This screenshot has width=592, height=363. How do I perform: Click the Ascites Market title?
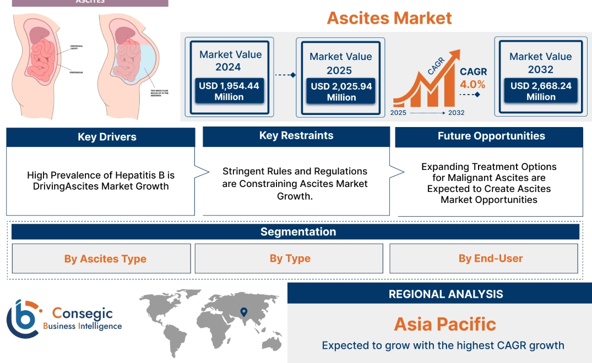(x=389, y=18)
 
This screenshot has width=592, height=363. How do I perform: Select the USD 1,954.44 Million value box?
(x=229, y=91)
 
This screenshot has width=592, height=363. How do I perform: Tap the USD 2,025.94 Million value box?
(x=341, y=92)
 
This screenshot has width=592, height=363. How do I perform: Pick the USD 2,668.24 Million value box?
(x=540, y=91)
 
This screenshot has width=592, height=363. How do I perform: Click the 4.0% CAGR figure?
(x=472, y=84)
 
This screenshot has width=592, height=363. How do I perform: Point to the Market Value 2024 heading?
(x=230, y=61)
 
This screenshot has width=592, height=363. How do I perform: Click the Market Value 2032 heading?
(x=540, y=63)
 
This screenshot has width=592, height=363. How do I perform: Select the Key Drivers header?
(x=107, y=137)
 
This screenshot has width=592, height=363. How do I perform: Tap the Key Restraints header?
(x=296, y=136)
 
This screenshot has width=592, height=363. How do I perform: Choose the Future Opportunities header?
(x=491, y=136)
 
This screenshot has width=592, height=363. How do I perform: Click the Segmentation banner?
(x=298, y=232)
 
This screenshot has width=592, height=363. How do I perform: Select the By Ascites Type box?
(x=105, y=258)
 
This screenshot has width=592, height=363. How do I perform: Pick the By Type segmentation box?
(x=290, y=258)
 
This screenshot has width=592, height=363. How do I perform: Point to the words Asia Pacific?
(x=445, y=324)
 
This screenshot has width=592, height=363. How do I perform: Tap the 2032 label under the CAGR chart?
(x=456, y=113)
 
